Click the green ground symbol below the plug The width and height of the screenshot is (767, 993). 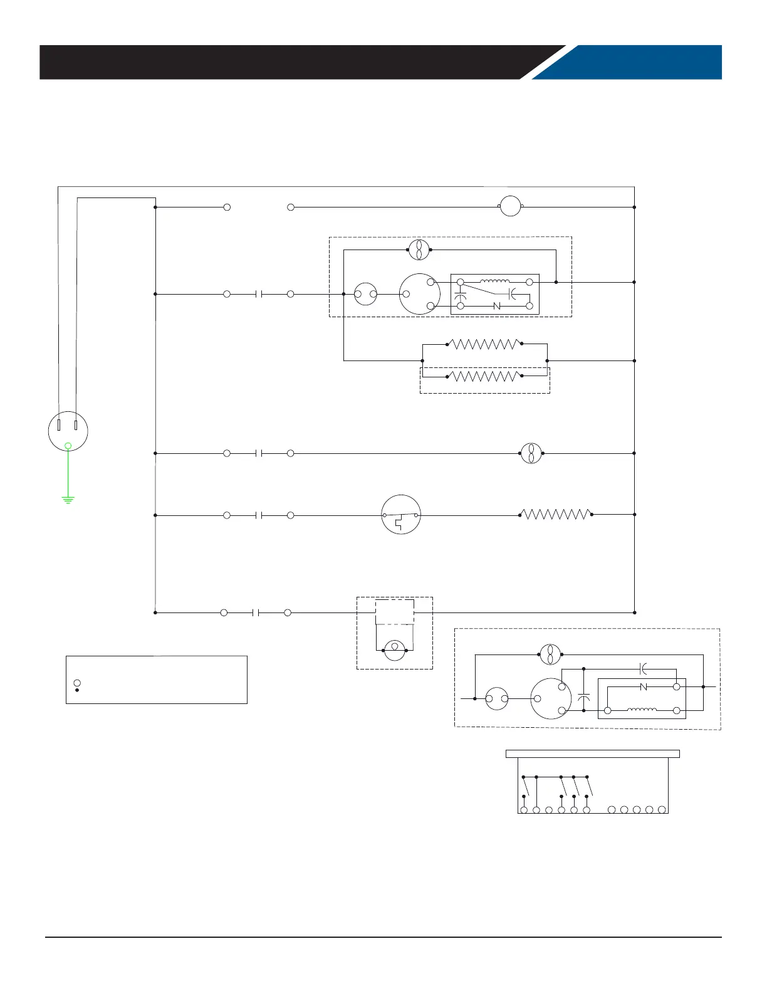pos(68,499)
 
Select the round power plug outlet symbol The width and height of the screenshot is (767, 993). pos(68,431)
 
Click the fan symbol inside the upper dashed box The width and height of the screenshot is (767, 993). pos(419,250)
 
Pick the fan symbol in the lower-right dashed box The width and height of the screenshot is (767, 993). pos(550,654)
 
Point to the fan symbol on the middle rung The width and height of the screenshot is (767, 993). pos(531,453)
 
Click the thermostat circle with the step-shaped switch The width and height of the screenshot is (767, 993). pos(401,515)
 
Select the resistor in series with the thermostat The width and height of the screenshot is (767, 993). pos(556,515)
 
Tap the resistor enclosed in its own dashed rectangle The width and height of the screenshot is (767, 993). pos(484,377)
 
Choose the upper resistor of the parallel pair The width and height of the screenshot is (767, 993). pos(484,344)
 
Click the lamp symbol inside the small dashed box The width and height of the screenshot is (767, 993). pos(395,650)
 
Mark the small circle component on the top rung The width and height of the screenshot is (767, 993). pos(511,206)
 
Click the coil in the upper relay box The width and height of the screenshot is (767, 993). pos(495,282)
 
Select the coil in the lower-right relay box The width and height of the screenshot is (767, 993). pos(642,710)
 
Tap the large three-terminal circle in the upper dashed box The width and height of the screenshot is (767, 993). pos(419,293)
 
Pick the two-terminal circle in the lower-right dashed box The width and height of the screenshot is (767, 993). pos(496,698)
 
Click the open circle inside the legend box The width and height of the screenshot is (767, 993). pos(77,682)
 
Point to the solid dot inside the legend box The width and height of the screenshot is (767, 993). pos(77,690)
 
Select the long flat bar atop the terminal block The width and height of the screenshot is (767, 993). pos(592,754)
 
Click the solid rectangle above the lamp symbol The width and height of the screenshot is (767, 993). pos(394,611)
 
